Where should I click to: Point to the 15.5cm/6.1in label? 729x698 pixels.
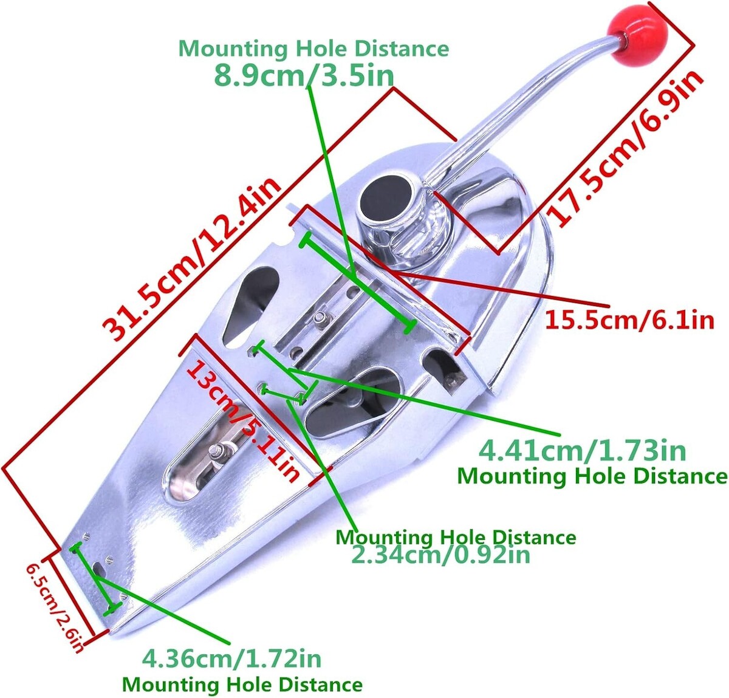628,318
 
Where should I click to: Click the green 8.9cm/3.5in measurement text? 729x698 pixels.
304,76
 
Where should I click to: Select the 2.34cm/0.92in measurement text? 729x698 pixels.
440,554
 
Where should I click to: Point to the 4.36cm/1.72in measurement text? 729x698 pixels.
231,658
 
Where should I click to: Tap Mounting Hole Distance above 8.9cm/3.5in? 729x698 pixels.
313,49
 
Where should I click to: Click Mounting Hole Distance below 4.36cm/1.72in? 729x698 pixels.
242,685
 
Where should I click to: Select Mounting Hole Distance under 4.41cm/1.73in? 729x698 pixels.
592,475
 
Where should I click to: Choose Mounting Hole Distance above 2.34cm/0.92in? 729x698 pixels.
456,537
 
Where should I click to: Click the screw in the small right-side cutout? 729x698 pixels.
451,380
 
